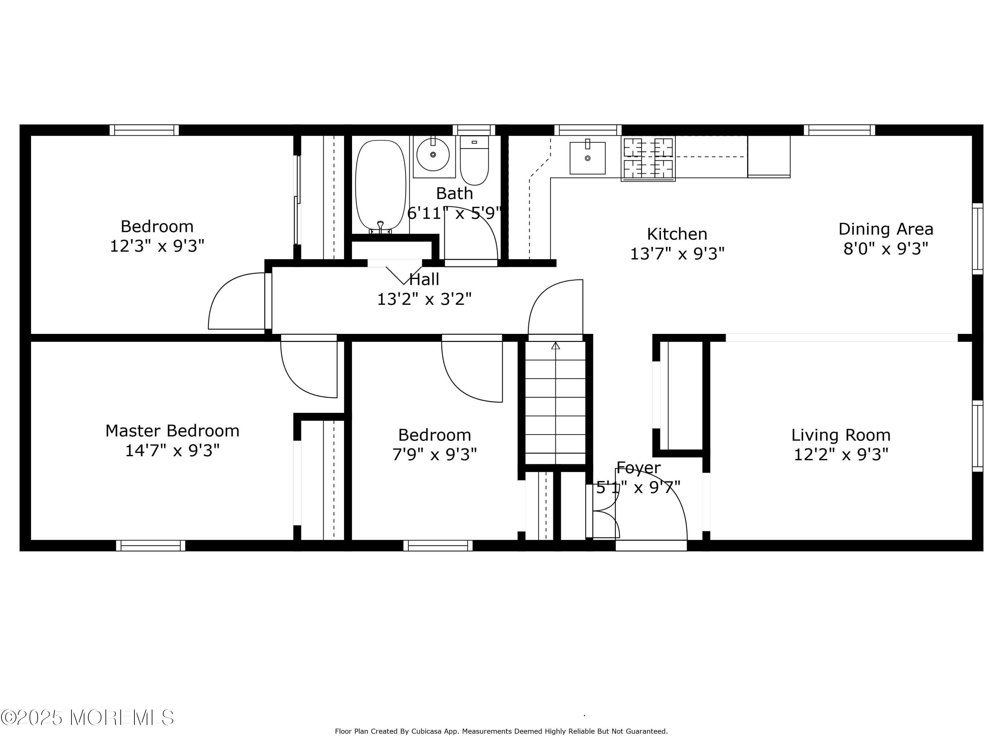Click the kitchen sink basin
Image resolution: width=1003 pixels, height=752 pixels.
(587, 158)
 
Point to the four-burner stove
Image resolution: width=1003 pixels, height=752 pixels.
(648, 158)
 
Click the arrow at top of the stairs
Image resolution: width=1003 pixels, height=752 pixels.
(555, 346)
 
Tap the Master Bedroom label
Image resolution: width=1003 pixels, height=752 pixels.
(172, 430)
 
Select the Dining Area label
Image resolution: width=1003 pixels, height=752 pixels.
(886, 229)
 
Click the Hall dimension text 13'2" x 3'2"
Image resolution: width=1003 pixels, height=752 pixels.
(424, 299)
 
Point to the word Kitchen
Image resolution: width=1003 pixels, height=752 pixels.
(677, 234)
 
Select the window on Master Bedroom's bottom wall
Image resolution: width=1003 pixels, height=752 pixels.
(150, 545)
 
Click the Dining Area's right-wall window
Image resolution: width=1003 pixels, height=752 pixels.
(977, 238)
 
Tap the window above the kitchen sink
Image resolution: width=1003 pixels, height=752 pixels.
(588, 130)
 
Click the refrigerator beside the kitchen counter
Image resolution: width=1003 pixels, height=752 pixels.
(769, 156)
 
